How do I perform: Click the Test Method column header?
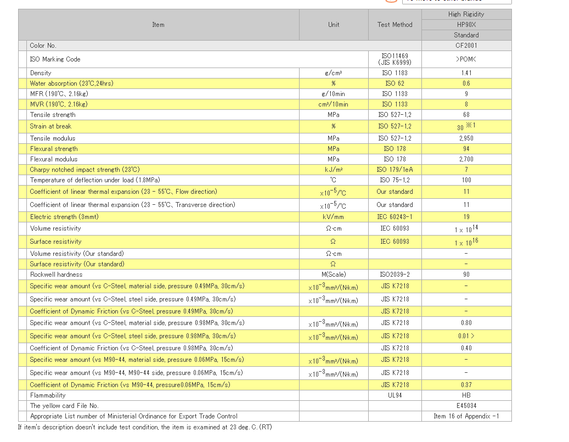[395, 25]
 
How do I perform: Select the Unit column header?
[334, 25]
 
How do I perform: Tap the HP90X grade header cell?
[466, 25]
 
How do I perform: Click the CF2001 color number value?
[466, 46]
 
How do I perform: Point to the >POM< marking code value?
[466, 59]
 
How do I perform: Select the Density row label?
[41, 73]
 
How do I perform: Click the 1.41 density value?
[466, 73]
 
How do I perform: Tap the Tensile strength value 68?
[466, 115]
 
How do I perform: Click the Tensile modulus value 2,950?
[466, 138]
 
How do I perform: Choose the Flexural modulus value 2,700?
[466, 159]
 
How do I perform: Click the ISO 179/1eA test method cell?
[395, 170]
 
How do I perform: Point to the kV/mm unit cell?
[334, 217]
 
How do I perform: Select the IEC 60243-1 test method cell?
[395, 217]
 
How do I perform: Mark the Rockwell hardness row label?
[56, 275]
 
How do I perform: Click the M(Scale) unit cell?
[334, 275]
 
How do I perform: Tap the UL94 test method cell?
[395, 395]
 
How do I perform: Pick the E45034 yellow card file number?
[466, 406]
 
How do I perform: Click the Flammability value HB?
[466, 395]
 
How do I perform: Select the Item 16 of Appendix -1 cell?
[466, 416]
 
